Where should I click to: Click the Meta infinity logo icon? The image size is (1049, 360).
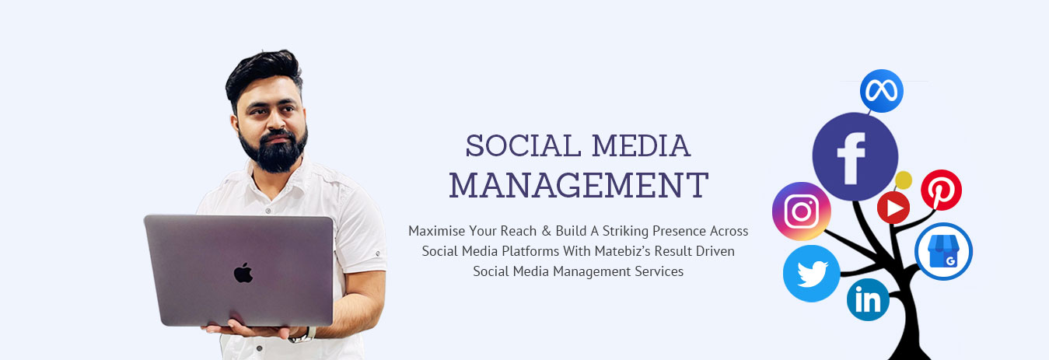point(881,91)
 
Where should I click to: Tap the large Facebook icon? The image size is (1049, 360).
point(855,156)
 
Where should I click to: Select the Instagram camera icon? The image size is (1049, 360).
point(802,211)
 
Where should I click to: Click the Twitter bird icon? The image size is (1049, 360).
point(812,274)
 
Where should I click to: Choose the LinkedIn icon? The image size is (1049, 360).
point(868,299)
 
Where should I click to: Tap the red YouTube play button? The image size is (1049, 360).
point(893,208)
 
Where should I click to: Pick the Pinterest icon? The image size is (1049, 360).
point(941,190)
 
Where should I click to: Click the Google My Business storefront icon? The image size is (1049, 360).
point(943,251)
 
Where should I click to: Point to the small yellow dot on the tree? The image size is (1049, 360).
point(904,180)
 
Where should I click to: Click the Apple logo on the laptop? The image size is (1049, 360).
point(243,272)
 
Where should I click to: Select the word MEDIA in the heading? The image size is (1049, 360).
point(641,146)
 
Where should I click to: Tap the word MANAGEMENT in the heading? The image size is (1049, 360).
point(579,185)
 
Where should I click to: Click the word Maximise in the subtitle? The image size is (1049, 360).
point(437,231)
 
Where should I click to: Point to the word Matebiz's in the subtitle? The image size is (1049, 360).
point(622,251)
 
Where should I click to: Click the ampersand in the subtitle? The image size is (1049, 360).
point(546,231)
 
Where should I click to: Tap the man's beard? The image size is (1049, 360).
point(275,151)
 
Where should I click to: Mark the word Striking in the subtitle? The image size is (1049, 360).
point(625,231)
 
